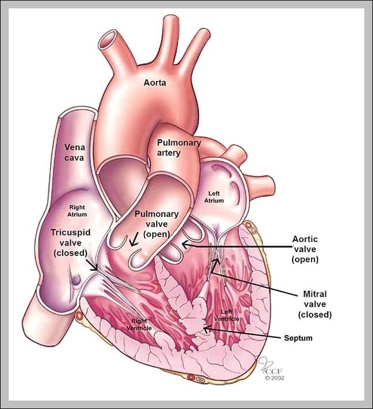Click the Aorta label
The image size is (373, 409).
tap(154, 82)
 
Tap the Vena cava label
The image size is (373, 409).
tap(74, 152)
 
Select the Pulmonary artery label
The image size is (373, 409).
tap(179, 147)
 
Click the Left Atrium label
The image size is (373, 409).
tap(215, 197)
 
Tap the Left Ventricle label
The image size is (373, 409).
tap(231, 315)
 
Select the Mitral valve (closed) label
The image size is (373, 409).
tap(315, 304)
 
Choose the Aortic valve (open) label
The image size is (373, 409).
tap(305, 249)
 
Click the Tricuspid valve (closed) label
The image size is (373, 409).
tap(71, 241)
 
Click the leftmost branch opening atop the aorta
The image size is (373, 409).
tap(110, 41)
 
